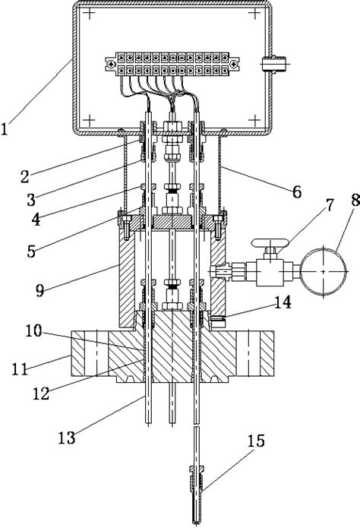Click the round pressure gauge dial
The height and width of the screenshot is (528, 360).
(x=324, y=270)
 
